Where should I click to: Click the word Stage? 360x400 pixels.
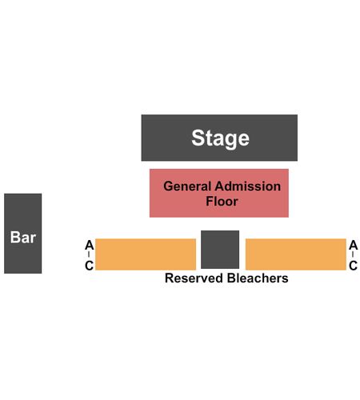coord(220,138)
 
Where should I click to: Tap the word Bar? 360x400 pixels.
coord(23,237)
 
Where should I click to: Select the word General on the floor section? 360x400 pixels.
coord(187,186)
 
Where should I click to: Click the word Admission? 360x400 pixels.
coord(248,186)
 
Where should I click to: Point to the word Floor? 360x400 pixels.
coord(222,201)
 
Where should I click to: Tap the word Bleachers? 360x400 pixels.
coord(258,278)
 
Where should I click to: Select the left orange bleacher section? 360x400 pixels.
coord(146,254)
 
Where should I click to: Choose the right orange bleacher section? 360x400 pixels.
coord(296,254)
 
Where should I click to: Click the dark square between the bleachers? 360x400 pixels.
coord(220,250)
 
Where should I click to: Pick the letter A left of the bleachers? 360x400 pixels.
coord(90,245)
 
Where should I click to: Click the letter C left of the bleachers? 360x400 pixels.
coord(89,266)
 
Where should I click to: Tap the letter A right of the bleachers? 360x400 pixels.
coord(354,245)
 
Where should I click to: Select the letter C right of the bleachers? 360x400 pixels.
coord(353,266)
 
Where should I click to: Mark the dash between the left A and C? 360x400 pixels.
coord(89,255)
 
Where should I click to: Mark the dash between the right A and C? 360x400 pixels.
coord(353,255)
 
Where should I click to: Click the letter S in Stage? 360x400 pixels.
coord(198,138)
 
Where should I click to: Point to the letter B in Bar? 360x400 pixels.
coord(14,237)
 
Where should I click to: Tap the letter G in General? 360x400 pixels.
coord(169,186)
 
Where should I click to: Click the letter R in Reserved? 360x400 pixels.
coord(170,278)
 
